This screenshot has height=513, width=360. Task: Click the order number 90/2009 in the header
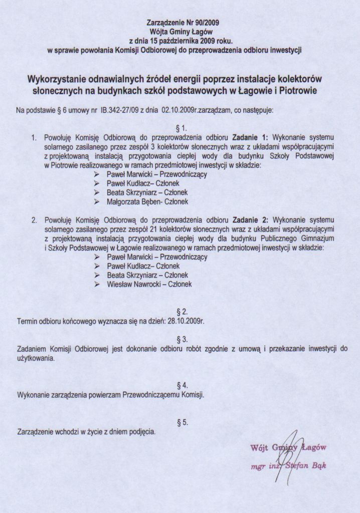click(206, 23)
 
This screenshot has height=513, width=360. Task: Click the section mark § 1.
click(183, 128)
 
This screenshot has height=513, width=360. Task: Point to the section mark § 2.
click(183, 312)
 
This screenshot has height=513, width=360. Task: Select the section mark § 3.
click(183, 339)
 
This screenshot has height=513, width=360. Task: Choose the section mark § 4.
click(183, 385)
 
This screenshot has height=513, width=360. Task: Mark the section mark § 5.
click(183, 422)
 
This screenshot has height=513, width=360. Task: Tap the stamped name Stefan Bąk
click(305, 466)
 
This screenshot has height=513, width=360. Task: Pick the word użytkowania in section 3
click(36, 359)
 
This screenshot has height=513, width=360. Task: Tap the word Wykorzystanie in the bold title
click(58, 80)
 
